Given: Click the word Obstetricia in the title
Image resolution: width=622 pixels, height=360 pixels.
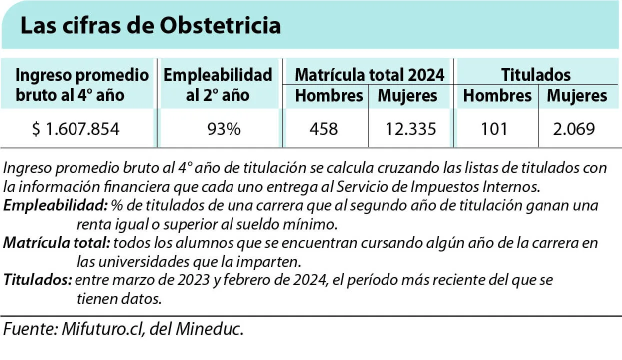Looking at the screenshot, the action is coord(220,25).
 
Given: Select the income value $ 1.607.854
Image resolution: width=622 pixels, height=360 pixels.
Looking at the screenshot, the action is coord(76,129).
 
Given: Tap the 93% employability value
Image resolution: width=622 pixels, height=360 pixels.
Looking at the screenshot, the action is coord(224,129).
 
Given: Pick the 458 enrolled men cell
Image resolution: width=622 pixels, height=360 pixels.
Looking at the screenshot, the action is coord(324,129).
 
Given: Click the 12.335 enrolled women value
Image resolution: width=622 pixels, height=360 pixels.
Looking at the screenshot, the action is coord(410,129).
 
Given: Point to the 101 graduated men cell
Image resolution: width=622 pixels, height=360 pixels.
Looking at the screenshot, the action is coord(494,129).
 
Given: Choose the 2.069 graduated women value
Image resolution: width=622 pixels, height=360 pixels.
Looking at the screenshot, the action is coord(574,129).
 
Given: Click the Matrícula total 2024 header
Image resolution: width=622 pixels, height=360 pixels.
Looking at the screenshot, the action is coord(369,75).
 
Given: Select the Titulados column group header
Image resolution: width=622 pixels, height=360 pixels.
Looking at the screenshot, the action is coord(536,75).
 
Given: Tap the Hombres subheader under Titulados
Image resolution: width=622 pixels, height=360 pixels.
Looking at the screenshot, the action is coord(497,96).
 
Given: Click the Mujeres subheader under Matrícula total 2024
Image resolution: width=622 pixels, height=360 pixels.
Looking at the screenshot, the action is coord(407,96).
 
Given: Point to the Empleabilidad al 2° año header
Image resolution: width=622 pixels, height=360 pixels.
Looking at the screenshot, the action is coord(217,85).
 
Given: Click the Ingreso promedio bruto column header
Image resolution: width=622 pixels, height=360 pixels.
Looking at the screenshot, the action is coord(82,85).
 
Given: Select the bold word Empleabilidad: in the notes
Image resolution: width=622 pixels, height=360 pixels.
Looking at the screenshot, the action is coord(55,205).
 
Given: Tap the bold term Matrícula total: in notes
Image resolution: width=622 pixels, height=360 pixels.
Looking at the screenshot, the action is coord(56,243).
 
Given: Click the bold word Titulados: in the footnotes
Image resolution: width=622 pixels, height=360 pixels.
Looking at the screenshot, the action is coord(38,279).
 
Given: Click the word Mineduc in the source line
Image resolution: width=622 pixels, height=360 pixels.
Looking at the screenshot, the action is coord(209,329).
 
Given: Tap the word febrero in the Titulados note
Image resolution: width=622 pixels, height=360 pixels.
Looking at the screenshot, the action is coord(246,280).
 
